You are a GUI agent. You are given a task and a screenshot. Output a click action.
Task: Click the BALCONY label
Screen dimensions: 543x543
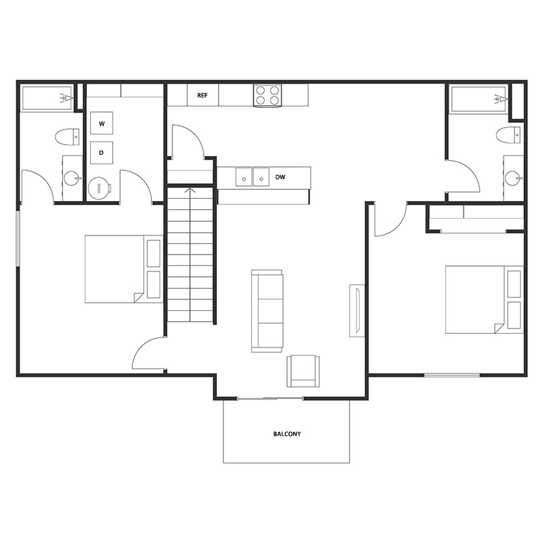click(286, 434)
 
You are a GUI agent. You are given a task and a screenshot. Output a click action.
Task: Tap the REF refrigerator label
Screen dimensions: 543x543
click(202, 96)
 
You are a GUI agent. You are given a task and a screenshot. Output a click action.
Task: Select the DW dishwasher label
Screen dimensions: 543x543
click(280, 178)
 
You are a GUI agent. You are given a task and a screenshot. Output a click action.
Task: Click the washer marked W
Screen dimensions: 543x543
click(102, 124)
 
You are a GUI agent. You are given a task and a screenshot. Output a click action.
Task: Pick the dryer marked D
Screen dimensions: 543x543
click(102, 153)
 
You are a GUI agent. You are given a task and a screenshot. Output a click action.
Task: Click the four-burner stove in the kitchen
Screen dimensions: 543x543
click(267, 95)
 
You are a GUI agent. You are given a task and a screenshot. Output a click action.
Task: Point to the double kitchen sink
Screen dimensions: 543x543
click(252, 177)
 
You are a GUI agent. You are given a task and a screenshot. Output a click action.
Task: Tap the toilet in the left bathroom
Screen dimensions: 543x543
click(64, 136)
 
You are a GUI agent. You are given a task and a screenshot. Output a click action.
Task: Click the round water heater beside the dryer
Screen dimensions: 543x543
click(99, 188)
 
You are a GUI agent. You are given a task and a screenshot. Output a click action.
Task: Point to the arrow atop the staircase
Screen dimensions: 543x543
click(191, 191)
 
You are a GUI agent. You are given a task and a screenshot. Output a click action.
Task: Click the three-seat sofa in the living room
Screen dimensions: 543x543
click(267, 311)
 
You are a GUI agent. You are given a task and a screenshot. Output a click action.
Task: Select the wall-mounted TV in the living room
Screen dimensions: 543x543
click(355, 310)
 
